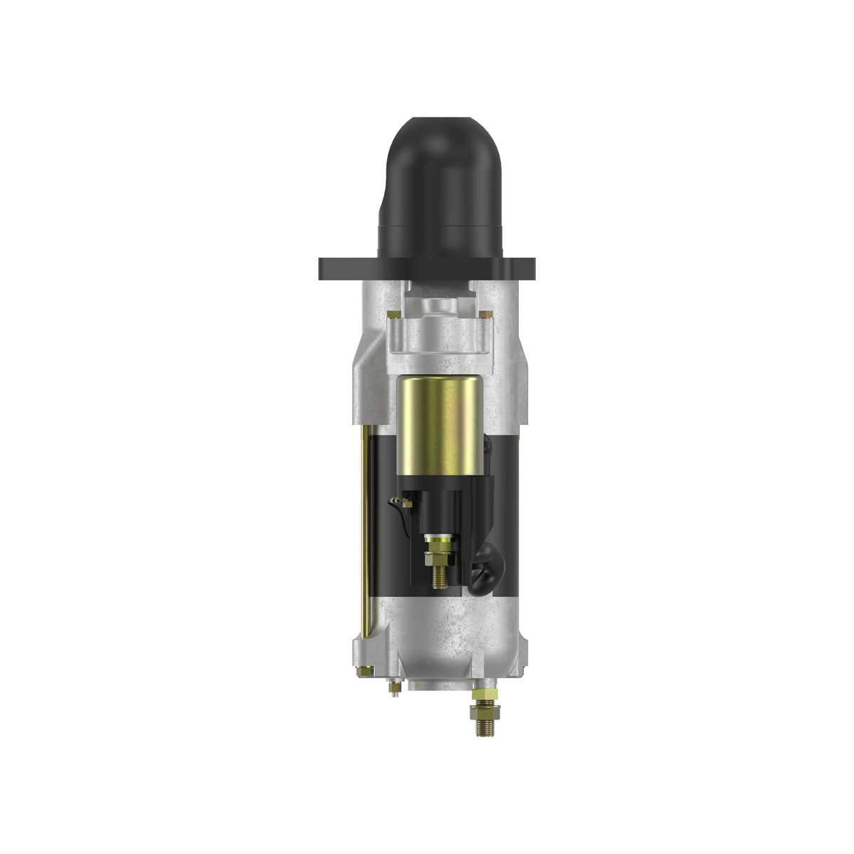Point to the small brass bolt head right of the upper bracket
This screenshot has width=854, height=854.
[484, 313]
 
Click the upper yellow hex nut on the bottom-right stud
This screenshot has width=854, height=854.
[484, 694]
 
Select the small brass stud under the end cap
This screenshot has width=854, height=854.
[394, 689]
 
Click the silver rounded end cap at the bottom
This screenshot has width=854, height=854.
[455, 640]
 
